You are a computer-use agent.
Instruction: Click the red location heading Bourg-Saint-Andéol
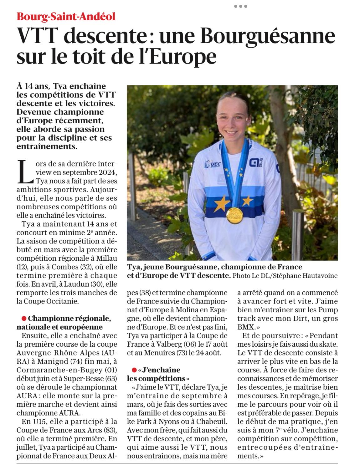click(x=66, y=16)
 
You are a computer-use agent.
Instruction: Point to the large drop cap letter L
click(x=25, y=172)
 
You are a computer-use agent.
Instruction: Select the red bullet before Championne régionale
click(x=23, y=319)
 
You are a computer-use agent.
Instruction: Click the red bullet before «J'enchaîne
click(x=134, y=370)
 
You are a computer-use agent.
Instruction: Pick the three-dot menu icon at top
click(x=240, y=6)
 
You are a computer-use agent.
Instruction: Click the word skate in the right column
click(x=327, y=344)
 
